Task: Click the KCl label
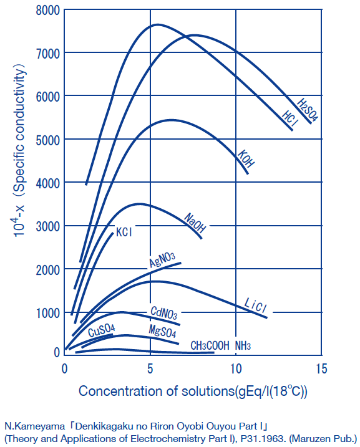(125, 233)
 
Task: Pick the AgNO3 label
(162, 259)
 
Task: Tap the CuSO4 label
(100, 330)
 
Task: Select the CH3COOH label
(210, 345)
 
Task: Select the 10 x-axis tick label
(235, 368)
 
